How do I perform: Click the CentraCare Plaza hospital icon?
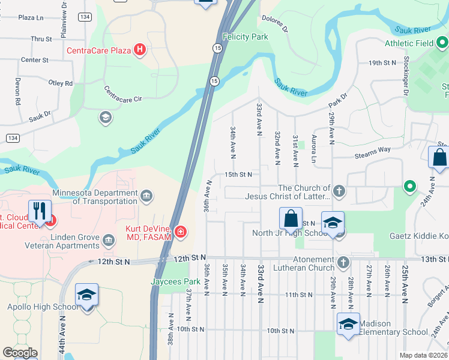(139, 50)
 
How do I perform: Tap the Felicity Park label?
(245, 37)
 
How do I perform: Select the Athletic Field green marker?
(442, 43)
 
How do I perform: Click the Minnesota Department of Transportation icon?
(146, 196)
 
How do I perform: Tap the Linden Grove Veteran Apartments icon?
(109, 241)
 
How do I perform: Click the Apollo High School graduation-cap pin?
(86, 295)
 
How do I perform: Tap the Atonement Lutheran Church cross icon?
(343, 262)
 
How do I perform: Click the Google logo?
(20, 353)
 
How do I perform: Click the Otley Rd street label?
(60, 83)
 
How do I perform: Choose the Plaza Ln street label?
(31, 18)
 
